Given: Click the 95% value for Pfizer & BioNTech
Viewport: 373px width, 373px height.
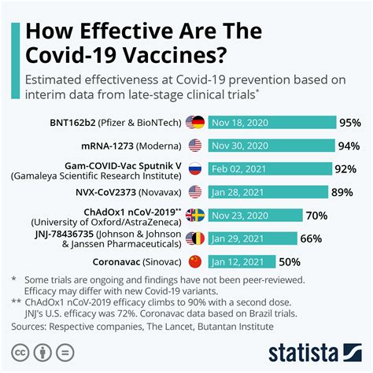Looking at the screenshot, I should [x=349, y=123].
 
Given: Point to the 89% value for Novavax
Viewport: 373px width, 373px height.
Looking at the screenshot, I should [x=342, y=191].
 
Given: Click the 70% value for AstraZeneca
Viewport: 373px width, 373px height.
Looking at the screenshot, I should [x=316, y=215].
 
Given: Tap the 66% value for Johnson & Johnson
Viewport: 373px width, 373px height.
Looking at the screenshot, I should [x=311, y=238].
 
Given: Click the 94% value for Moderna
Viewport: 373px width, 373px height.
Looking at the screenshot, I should [x=348, y=146].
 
